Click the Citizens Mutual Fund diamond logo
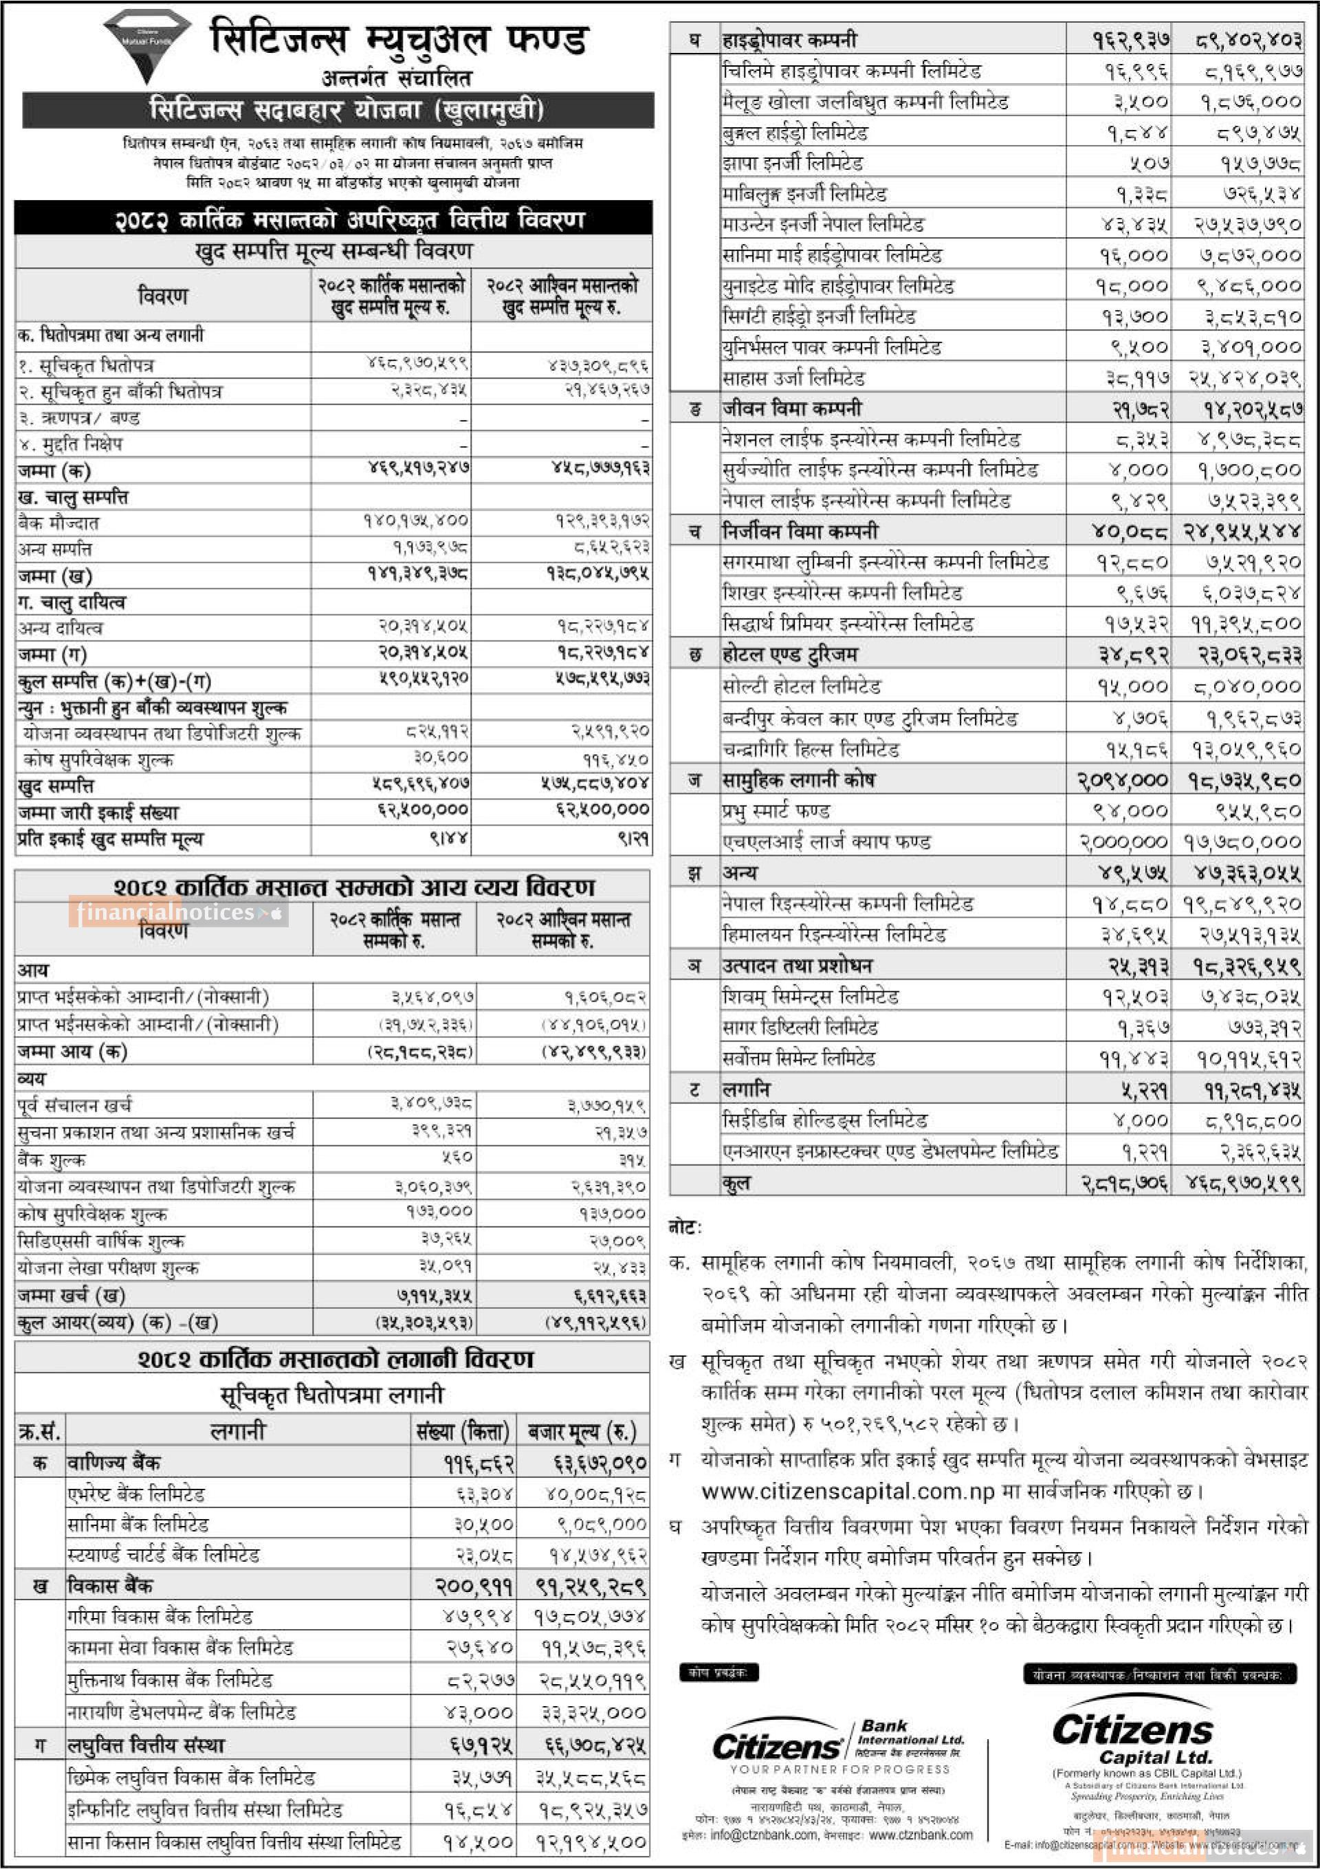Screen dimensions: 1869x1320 click(146, 45)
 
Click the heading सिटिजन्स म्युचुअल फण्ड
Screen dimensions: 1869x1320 click(399, 39)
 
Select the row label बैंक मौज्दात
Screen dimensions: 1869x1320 click(58, 522)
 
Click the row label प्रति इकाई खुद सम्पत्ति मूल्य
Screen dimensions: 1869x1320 click(110, 839)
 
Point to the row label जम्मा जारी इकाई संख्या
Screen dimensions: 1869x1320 click(98, 812)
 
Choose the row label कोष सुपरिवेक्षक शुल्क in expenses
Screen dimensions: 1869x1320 click(91, 1214)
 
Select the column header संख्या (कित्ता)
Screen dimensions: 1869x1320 click(462, 1430)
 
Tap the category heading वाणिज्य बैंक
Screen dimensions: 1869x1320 click(113, 1462)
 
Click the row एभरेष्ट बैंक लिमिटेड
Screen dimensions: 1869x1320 click(136, 1494)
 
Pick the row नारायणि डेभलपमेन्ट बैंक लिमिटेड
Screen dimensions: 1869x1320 click(181, 1712)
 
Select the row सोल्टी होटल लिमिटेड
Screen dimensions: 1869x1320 click(802, 686)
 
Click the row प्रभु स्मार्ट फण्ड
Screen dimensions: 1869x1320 click(775, 810)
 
